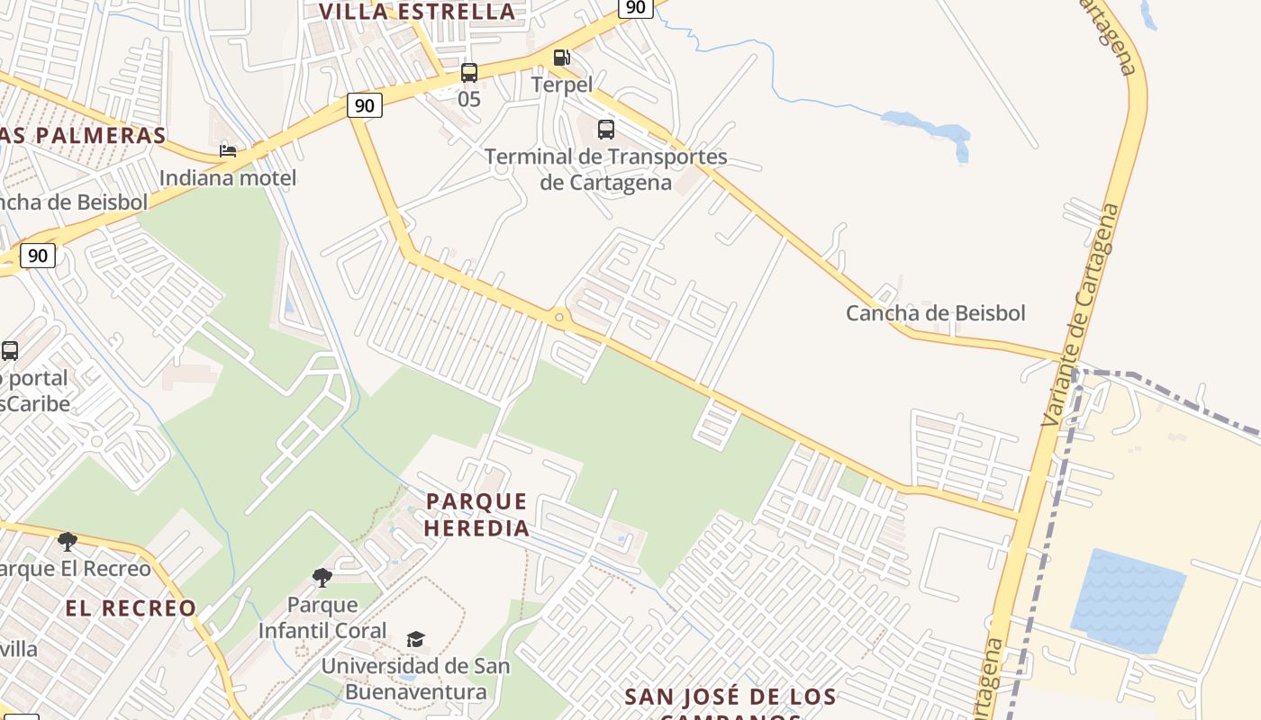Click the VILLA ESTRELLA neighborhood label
pos(418,12)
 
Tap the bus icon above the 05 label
pos(469,73)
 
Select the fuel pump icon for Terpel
pos(561,58)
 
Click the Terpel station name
pos(561,85)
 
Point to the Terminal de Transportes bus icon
pos(606,130)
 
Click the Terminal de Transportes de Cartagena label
pos(605,169)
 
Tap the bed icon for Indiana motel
pos(228,150)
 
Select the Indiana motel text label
pos(228,178)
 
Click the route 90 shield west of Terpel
pos(364,106)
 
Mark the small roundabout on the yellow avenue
pos(559,317)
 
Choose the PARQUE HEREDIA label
pos(476,515)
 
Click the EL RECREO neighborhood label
pos(131,608)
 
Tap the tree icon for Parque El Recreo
pos(67,541)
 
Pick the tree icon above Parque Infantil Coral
pos(322,577)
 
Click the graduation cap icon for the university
pos(415,639)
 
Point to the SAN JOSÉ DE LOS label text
pos(730,697)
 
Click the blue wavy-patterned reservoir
pos(1128,600)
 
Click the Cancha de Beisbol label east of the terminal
pos(935,313)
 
